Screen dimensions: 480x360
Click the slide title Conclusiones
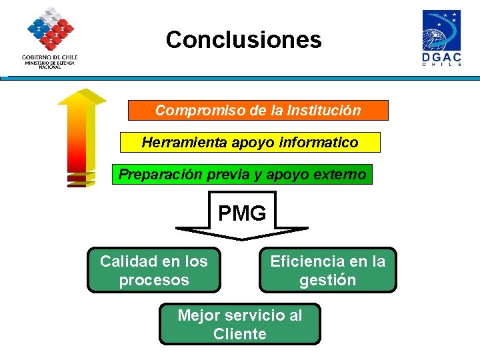(243, 40)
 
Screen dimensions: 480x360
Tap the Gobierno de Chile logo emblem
(50, 29)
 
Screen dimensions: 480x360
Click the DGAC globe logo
(441, 31)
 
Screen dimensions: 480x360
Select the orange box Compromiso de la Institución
(258, 110)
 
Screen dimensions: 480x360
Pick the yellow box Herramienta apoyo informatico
(249, 142)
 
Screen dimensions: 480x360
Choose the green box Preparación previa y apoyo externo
(242, 175)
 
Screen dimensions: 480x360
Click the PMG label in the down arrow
(242, 213)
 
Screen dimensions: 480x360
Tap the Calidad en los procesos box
(153, 270)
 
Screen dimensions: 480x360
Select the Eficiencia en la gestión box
(327, 270)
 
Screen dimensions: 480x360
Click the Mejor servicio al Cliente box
(239, 324)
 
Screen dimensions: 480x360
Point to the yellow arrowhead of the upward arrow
(81, 97)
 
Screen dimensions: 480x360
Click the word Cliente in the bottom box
(239, 333)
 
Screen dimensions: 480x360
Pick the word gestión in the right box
(327, 280)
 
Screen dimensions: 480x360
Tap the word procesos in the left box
(153, 280)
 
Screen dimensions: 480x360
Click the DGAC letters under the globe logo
(441, 58)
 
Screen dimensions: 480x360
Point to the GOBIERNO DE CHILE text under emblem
(50, 57)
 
